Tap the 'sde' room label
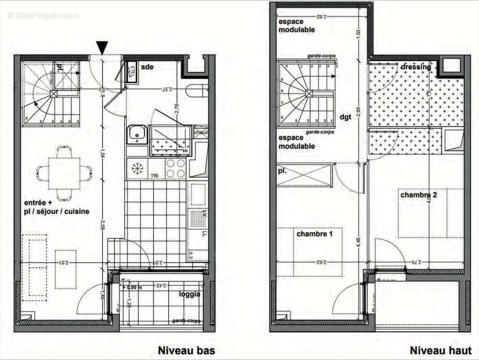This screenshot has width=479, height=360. (147, 67)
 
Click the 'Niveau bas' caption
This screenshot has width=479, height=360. (186, 351)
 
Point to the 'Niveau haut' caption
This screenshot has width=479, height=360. (440, 351)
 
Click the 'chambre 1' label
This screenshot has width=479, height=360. (314, 234)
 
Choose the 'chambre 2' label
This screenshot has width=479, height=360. (418, 195)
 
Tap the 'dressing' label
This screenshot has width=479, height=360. (416, 67)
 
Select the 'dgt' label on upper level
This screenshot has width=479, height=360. (345, 117)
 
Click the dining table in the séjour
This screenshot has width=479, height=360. (64, 173)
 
